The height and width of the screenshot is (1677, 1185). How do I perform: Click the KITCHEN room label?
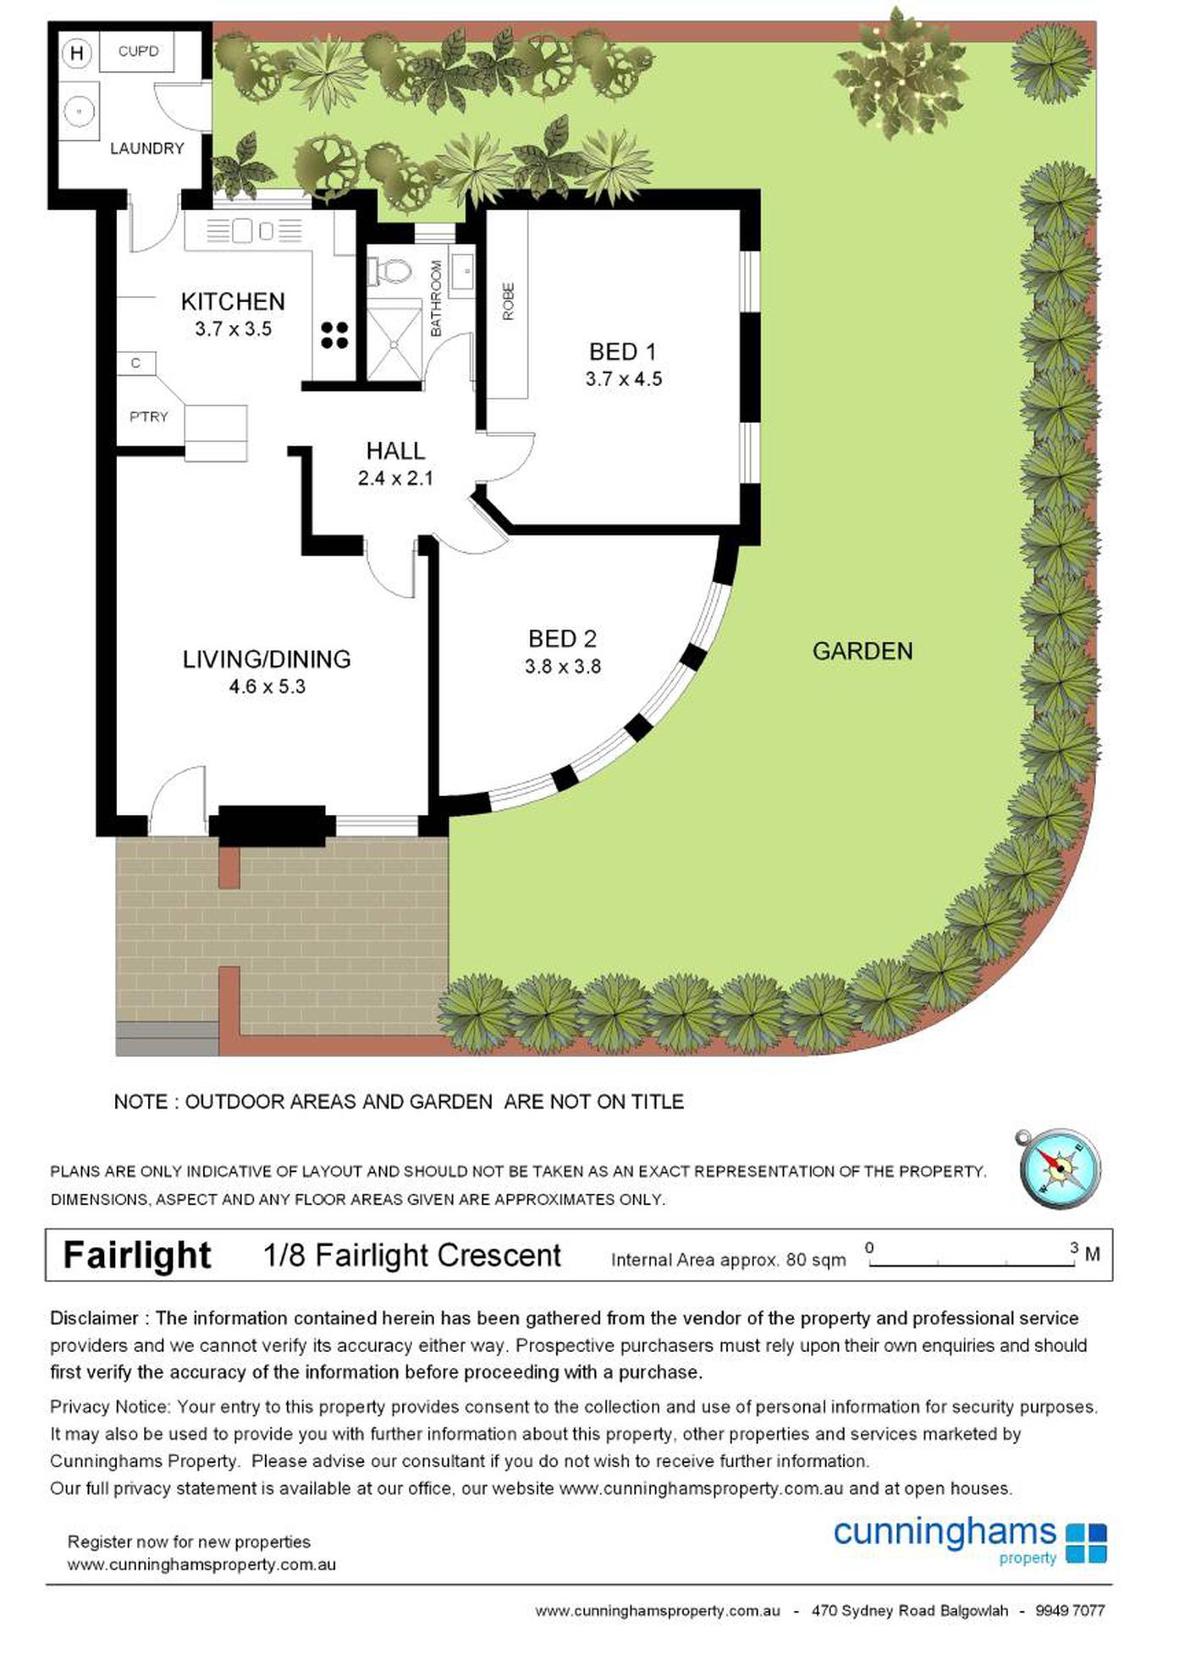[233, 302]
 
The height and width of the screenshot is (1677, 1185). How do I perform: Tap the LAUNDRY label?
[146, 149]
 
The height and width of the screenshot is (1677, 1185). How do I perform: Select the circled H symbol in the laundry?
[77, 54]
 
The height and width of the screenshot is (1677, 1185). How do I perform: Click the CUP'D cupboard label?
[138, 52]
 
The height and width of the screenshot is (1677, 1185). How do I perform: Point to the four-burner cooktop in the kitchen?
[334, 335]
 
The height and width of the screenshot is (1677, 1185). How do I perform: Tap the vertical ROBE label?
[508, 301]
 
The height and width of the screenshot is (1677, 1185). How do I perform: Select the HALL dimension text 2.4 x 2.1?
[395, 478]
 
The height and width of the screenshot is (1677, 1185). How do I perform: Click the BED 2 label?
[562, 639]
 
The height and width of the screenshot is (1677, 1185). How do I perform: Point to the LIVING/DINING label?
[267, 659]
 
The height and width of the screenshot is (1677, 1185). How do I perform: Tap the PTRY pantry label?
[148, 417]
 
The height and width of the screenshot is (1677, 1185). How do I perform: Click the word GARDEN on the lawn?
[863, 652]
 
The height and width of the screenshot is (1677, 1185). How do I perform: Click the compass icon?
[1060, 1168]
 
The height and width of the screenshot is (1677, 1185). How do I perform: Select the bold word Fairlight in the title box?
[137, 1256]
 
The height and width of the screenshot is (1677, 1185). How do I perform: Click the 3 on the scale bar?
[1074, 1248]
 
